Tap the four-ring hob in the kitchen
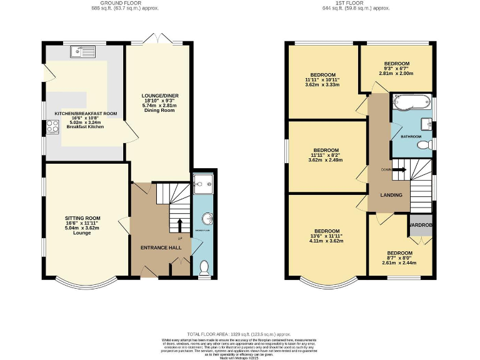click(51, 127)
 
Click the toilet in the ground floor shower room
click(202, 267)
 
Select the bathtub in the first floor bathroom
click(411, 101)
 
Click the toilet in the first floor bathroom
click(424, 145)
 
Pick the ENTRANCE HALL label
click(161, 247)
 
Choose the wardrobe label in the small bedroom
click(421, 225)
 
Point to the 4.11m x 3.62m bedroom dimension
click(326, 241)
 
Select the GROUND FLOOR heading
click(137, 3)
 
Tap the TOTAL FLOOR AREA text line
click(239, 334)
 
